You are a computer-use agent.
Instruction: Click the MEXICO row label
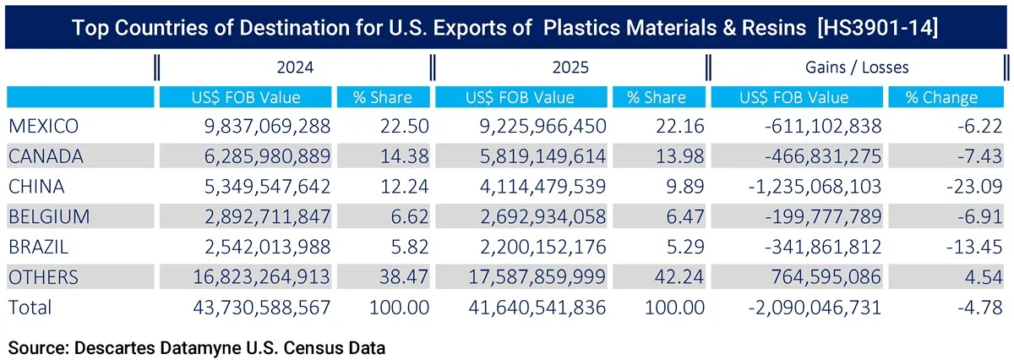(43, 127)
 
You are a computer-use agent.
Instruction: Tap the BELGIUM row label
(48, 217)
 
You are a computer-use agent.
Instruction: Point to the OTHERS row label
(43, 277)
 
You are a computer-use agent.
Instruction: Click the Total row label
(30, 308)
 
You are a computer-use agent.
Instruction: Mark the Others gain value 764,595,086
(818, 277)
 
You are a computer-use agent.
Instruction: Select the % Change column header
(940, 97)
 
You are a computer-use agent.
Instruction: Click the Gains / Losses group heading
(856, 67)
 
